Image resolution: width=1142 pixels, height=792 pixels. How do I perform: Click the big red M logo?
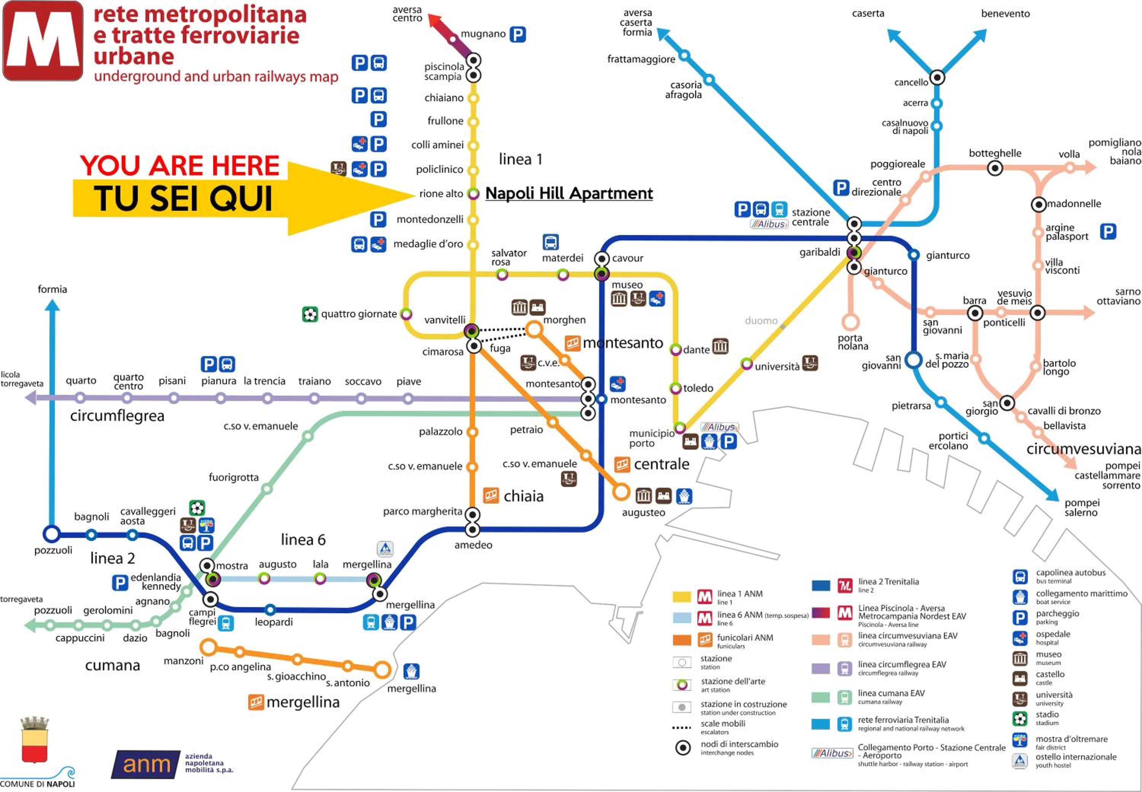coord(43,41)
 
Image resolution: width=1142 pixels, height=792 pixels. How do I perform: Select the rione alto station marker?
coord(474,194)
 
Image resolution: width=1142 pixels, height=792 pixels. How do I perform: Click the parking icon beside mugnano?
coord(517,34)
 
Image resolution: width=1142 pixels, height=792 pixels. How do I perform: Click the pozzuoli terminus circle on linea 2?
coord(52,534)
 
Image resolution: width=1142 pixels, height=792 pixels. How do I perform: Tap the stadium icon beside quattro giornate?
coord(310,314)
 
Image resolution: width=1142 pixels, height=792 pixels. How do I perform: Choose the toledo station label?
coord(698,388)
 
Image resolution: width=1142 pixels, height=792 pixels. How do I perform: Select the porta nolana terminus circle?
coord(850,322)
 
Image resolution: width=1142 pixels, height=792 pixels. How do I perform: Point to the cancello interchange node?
coord(937,78)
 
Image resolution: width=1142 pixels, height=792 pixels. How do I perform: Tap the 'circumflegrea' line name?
coord(117,416)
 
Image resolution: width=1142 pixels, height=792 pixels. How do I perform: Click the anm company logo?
coord(146,764)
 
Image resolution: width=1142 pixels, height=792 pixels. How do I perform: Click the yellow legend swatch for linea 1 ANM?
coord(682,596)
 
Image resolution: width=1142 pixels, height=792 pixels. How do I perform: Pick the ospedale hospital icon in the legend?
coord(1020,638)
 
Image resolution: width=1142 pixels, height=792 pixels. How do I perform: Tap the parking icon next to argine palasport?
coord(1108,231)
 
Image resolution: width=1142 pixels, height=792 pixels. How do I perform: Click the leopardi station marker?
coord(270,609)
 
